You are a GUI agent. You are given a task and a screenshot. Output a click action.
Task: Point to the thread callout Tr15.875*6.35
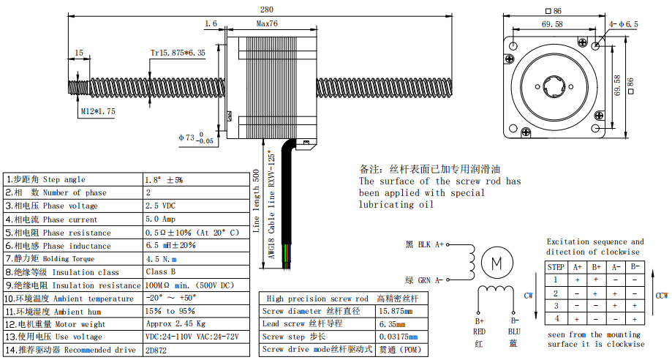[x=178, y=53]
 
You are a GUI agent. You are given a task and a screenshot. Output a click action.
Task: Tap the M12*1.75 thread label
[x=98, y=111]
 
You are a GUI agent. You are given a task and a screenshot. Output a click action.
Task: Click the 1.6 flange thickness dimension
[x=211, y=23]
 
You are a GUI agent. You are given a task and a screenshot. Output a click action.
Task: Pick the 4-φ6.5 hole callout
[x=624, y=24]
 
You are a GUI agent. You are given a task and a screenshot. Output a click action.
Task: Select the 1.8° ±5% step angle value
[x=165, y=179]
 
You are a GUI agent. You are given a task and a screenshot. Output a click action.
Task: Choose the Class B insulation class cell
[x=161, y=272]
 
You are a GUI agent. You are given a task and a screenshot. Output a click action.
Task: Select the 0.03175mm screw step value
[x=397, y=337]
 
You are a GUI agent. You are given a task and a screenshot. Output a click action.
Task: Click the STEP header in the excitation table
[x=556, y=267]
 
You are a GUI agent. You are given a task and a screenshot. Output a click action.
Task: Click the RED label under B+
[x=480, y=331]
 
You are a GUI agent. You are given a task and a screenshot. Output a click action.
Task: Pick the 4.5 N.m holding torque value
[x=162, y=258]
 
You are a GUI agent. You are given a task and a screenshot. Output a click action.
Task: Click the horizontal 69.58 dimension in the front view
[x=552, y=24]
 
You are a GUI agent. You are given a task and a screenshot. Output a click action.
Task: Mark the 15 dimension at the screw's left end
[x=78, y=53]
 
